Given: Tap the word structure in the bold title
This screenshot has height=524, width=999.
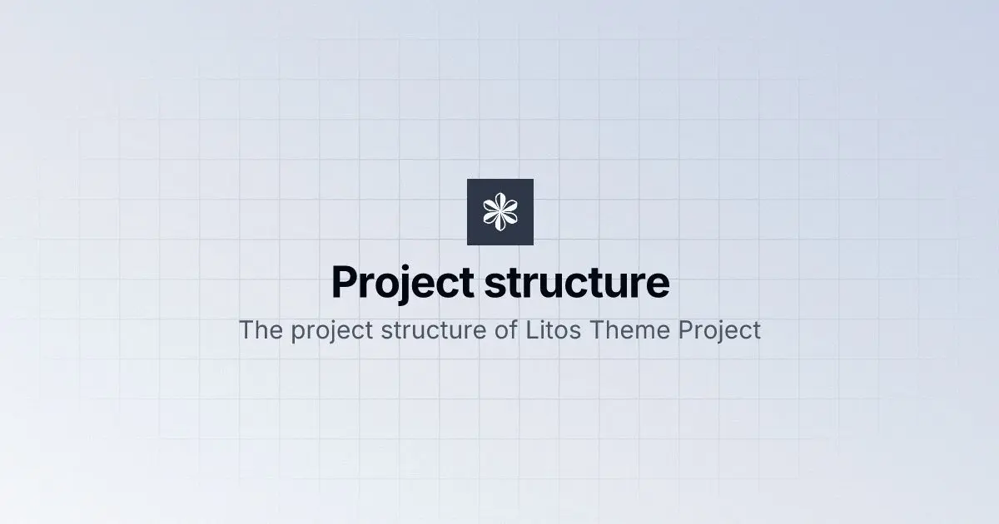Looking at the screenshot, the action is pyautogui.click(x=577, y=283).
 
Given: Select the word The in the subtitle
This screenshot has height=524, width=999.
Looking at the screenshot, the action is pyautogui.click(x=261, y=330).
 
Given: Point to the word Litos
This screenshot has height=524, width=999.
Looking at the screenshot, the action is pyautogui.click(x=554, y=330).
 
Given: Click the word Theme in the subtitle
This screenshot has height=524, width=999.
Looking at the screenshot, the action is pyautogui.click(x=629, y=330).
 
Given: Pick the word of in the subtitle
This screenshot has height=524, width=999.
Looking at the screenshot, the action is pyautogui.click(x=506, y=330).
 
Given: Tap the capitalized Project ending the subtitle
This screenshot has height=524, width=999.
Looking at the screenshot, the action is pyautogui.click(x=720, y=331).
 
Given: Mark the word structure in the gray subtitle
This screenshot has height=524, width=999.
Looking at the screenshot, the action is pyautogui.click(x=434, y=331).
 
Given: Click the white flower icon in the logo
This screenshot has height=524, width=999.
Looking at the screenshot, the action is pyautogui.click(x=500, y=212).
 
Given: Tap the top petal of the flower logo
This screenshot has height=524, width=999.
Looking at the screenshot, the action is pyautogui.click(x=500, y=201).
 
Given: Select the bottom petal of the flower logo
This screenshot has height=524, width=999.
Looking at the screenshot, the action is pyautogui.click(x=500, y=222).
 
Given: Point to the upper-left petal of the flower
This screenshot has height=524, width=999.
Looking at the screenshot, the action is pyautogui.click(x=490, y=206).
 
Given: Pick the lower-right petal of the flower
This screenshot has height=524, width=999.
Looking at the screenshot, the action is pyautogui.click(x=509, y=217).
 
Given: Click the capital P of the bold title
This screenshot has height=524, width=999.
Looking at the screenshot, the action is pyautogui.click(x=345, y=282).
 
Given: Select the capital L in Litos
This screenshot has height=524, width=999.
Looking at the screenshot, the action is pyautogui.click(x=533, y=330).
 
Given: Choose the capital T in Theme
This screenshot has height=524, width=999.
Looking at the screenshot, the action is pyautogui.click(x=598, y=330).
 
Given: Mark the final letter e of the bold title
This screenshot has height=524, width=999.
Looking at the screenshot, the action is pyautogui.click(x=658, y=286).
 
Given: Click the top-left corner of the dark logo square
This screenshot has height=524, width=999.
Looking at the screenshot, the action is pyautogui.click(x=467, y=179).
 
